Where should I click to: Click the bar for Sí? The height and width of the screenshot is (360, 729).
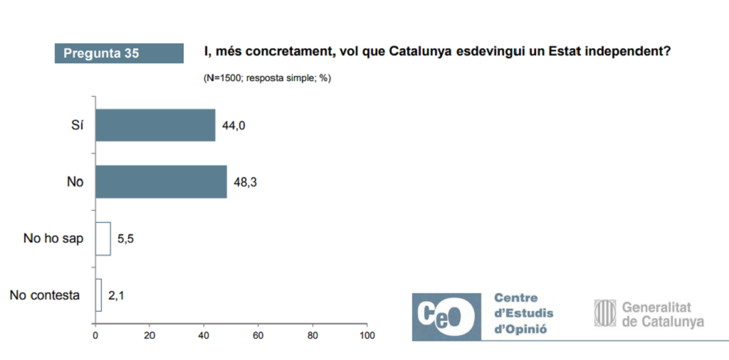155,125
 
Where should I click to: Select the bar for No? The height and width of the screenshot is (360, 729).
161,181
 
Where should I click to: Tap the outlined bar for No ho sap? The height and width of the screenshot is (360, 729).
103,238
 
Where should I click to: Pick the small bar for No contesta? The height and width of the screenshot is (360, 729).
98,295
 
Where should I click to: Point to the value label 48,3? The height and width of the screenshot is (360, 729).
246,182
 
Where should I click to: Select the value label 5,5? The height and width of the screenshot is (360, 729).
125,238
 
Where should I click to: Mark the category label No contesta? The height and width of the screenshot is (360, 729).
45,295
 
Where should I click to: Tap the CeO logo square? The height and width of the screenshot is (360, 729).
446,314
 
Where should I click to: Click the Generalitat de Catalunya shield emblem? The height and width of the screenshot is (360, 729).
605,313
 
